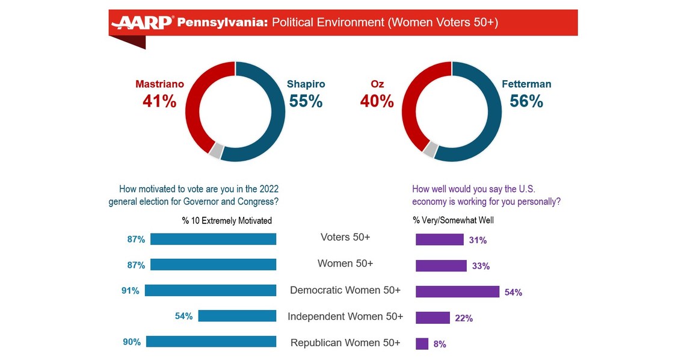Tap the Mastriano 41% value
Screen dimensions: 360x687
coord(159,101)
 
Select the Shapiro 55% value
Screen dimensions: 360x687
coord(306,101)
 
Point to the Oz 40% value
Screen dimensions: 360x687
coord(377,101)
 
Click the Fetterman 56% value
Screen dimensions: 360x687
coord(526,101)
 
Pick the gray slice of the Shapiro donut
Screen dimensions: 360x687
coord(215,151)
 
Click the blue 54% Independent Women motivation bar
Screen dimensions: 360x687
coord(237,316)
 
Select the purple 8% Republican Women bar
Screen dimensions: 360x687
coord(422,344)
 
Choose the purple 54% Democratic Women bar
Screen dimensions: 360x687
coord(457,291)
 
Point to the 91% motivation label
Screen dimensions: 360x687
coord(131,291)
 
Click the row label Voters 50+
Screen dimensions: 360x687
coord(345,237)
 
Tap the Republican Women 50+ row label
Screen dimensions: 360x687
coord(345,343)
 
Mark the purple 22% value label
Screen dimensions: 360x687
coord(464,318)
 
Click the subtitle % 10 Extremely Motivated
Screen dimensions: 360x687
coord(227,221)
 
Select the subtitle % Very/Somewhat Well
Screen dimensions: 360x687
coord(453,220)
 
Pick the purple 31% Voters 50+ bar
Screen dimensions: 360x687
coord(440,239)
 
